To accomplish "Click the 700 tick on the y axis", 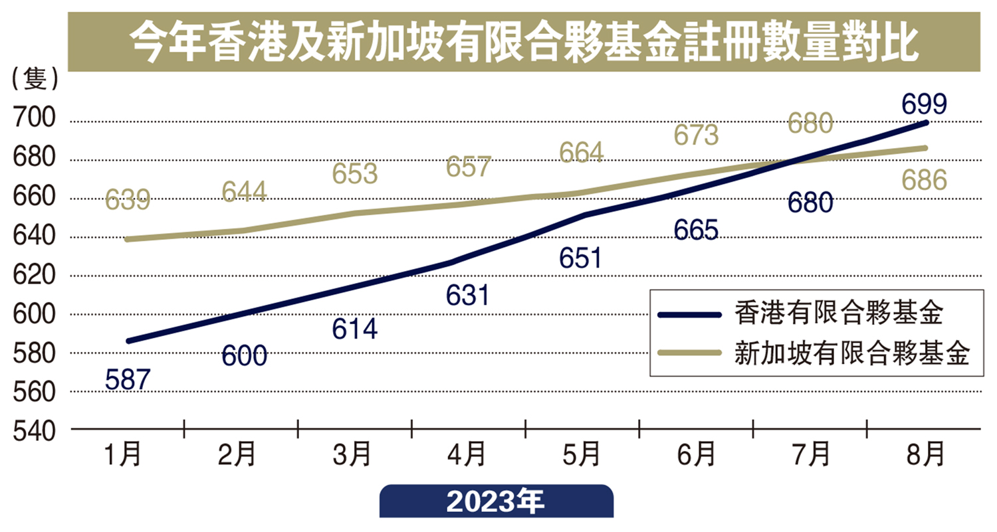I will (x=33, y=122).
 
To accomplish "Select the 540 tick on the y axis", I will (x=33, y=430).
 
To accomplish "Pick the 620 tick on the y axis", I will (x=33, y=276).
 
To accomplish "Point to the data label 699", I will (x=924, y=105).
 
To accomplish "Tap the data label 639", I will (x=128, y=200).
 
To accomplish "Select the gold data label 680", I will (x=810, y=124).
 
